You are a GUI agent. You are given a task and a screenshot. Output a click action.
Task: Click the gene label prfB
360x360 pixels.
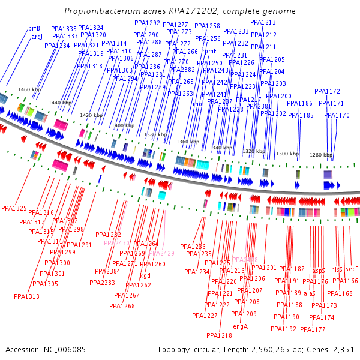pos(34,29)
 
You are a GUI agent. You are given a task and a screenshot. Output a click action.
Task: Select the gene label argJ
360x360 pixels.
pos(37,37)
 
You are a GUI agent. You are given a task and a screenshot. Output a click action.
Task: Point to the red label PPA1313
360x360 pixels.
pos(26,296)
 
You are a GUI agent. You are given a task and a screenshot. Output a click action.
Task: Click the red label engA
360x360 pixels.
pos(240,327)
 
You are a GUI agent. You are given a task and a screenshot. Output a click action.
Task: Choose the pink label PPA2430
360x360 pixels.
pos(116,243)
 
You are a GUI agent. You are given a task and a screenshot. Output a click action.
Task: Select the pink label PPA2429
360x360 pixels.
pos(161,253)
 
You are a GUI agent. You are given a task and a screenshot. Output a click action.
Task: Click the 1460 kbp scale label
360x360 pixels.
pos(29,89)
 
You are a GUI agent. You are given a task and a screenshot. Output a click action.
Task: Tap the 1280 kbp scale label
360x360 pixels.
pos(321,155)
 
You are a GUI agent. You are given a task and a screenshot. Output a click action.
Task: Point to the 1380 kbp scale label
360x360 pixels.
pos(155,135)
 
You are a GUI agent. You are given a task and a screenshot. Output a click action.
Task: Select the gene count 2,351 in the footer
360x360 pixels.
pos(343,349)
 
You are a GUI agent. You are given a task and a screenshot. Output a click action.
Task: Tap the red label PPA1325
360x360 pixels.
pos(14,209)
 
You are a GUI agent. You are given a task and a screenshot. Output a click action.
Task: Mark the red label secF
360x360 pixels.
pos(352,270)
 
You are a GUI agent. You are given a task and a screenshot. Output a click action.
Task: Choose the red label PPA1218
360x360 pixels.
pos(219,335)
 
